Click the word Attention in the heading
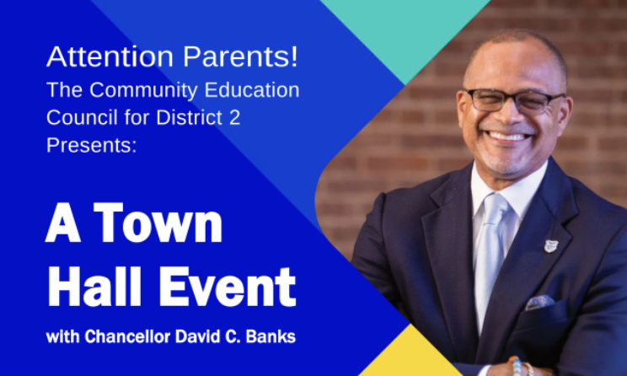pyautogui.click(x=110, y=56)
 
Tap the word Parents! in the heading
pyautogui.click(x=241, y=56)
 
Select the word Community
pyautogui.click(x=143, y=91)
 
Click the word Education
pyautogui.click(x=252, y=90)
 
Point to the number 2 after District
pyautogui.click(x=235, y=117)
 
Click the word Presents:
pyautogui.click(x=92, y=145)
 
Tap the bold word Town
pyautogui.click(x=158, y=223)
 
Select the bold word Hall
pyautogui.click(x=94, y=286)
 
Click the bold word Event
pyautogui.click(x=228, y=287)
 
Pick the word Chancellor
pyautogui.click(x=127, y=336)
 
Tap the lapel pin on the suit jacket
pyautogui.click(x=550, y=246)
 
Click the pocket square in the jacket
pyautogui.click(x=539, y=302)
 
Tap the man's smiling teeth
pyautogui.click(x=507, y=137)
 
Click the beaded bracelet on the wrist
pyautogui.click(x=517, y=366)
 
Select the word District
pyautogui.click(x=189, y=117)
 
